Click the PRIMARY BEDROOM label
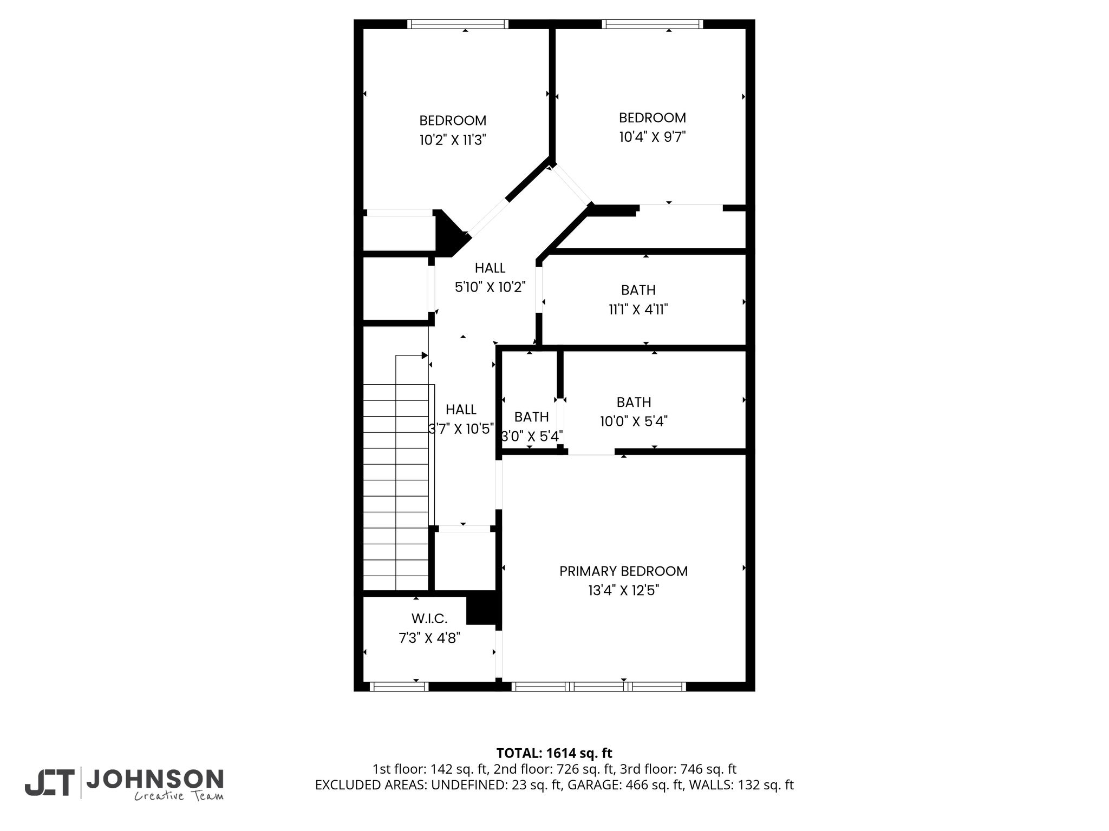[623, 571]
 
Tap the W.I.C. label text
[429, 618]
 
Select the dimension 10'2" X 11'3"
[453, 140]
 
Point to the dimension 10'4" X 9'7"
[653, 137]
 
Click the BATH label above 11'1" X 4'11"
[638, 290]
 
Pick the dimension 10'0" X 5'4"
[634, 421]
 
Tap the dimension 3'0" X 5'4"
[532, 436]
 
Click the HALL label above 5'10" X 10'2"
[490, 268]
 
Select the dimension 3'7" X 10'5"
[461, 429]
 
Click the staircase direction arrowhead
[425, 355]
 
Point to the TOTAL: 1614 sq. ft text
[554, 753]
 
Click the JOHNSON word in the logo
[155, 780]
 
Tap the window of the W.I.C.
[399, 687]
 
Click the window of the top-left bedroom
[458, 24]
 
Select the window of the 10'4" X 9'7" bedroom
[653, 24]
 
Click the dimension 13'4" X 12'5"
[623, 590]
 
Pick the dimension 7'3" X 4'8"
[429, 638]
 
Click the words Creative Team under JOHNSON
[179, 796]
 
